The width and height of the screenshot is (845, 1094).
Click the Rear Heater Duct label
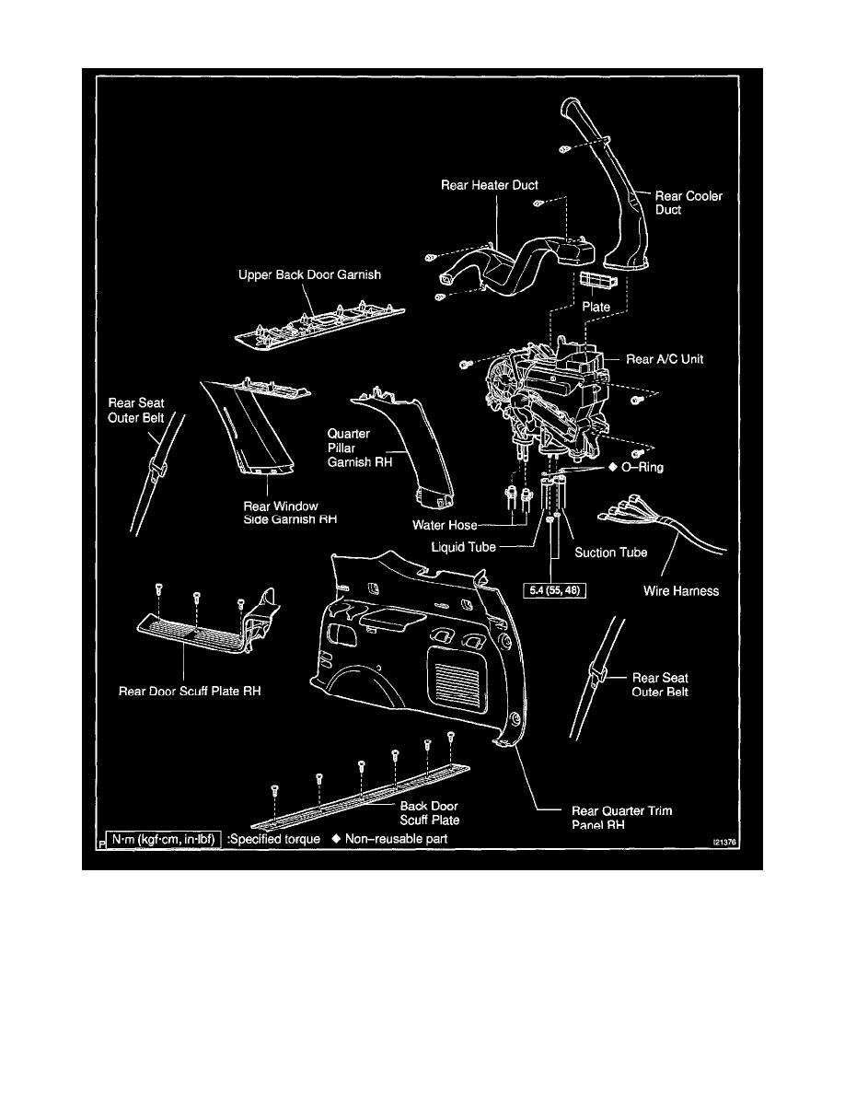coord(490,185)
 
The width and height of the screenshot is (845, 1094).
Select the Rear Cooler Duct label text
coord(688,203)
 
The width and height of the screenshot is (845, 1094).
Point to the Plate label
coord(596,307)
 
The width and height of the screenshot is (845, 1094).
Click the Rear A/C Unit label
coord(665,359)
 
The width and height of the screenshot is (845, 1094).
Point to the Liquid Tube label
coord(464,547)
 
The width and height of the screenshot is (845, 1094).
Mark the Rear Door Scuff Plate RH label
coord(191,690)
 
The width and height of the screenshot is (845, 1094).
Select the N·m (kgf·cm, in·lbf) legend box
coord(164,839)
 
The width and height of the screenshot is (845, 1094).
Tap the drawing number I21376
coord(725,841)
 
